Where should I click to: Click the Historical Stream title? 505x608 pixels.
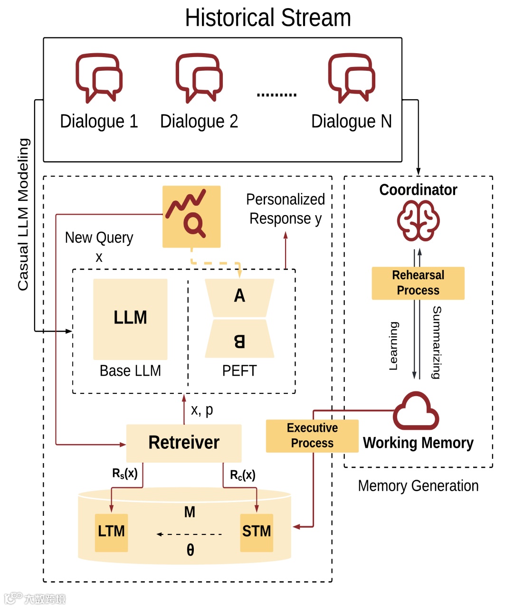[268, 18]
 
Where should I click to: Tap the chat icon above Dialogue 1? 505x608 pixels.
[99, 78]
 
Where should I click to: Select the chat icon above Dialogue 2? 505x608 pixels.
[199, 78]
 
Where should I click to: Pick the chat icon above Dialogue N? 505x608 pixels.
[352, 78]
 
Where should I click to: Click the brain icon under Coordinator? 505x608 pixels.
[418, 220]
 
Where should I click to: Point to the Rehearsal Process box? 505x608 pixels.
[418, 283]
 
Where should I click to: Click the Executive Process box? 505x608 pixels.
[312, 436]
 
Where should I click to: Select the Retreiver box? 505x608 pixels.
[184, 443]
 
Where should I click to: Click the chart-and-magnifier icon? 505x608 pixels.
[191, 216]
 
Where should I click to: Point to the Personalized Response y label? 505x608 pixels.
[286, 209]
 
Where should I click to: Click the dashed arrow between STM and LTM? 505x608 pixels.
[190, 534]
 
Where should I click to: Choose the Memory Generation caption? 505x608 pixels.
[418, 486]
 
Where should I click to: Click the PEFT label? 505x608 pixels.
[239, 370]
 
